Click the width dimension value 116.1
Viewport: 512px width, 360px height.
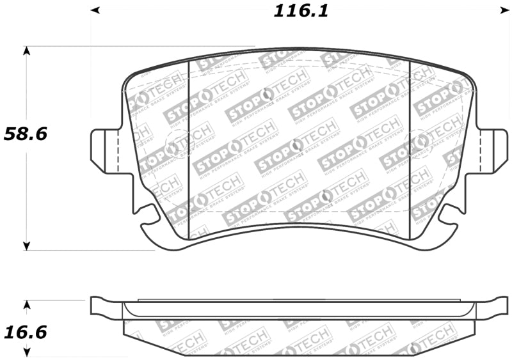coord(301,11)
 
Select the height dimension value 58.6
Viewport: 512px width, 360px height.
coord(26,134)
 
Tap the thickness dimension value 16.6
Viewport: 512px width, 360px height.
coord(26,333)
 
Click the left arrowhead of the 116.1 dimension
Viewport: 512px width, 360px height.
coord(95,10)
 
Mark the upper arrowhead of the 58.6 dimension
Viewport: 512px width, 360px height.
coord(26,51)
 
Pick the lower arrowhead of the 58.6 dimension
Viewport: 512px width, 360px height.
coord(26,245)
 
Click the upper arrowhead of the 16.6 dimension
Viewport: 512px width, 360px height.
coord(26,305)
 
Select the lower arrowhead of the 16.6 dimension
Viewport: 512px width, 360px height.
coord(26,351)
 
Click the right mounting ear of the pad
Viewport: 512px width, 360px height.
coord(492,151)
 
